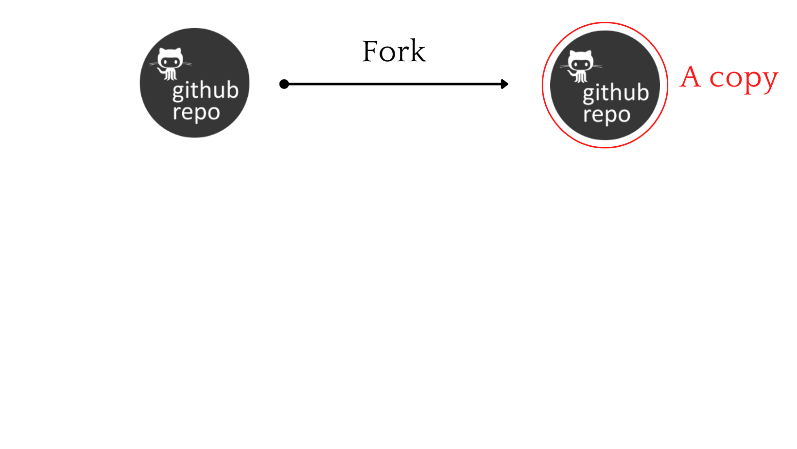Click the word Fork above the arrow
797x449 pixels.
pyautogui.click(x=394, y=52)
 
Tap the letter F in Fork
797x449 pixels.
pyautogui.click(x=372, y=52)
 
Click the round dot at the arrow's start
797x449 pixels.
pyautogui.click(x=284, y=84)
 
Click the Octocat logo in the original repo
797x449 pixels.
pyautogui.click(x=170, y=63)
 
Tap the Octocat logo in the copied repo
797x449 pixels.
pyautogui.click(x=580, y=66)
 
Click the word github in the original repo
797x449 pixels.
pyautogui.click(x=205, y=91)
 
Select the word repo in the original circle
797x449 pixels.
pyautogui.click(x=196, y=113)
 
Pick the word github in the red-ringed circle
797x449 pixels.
pyautogui.click(x=615, y=93)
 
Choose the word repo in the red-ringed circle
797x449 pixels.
pyautogui.click(x=606, y=115)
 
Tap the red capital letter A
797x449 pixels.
pyautogui.click(x=691, y=77)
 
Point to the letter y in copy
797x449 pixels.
pyautogui.click(x=769, y=81)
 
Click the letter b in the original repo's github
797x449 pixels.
pyautogui.click(x=232, y=90)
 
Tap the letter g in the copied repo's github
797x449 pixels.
pyautogui.click(x=589, y=94)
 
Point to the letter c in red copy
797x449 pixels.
pyautogui.click(x=716, y=79)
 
